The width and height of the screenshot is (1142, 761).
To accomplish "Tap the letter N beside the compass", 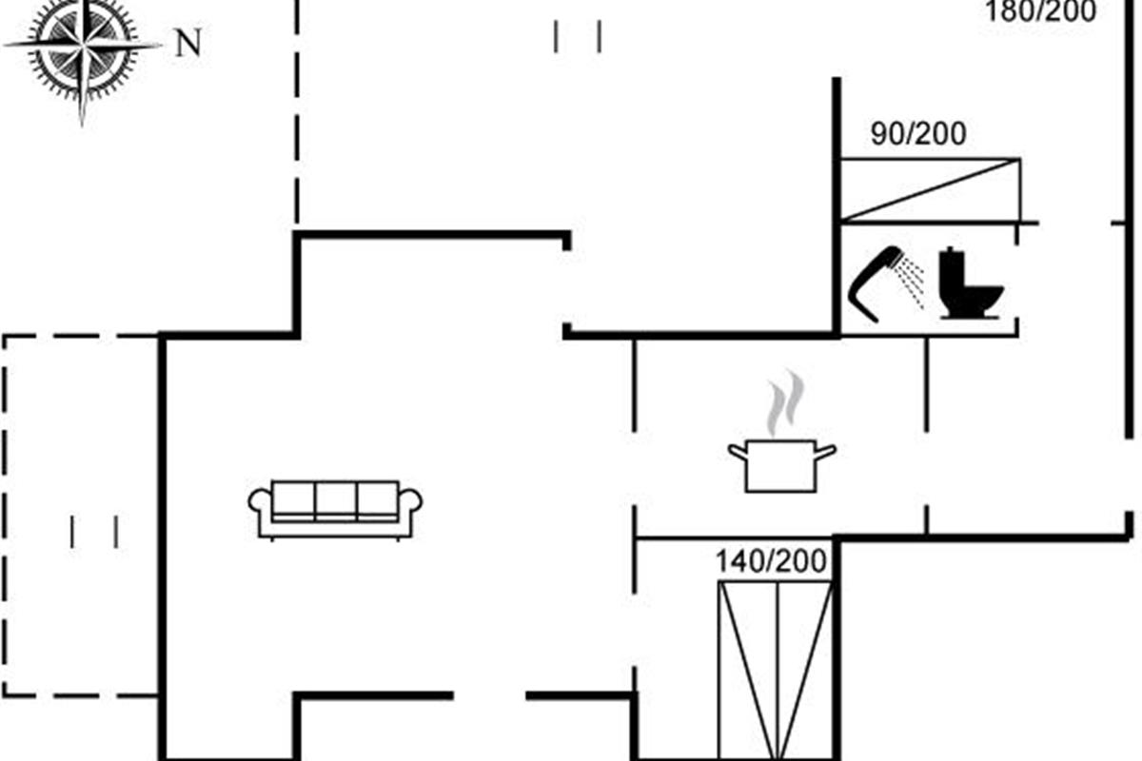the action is (188, 43).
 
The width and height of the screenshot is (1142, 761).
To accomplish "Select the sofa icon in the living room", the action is (335, 510).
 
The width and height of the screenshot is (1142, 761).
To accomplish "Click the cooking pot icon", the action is (781, 466).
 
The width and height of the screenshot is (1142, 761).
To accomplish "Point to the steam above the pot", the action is (786, 402).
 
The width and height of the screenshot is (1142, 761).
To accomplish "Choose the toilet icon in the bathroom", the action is (970, 283).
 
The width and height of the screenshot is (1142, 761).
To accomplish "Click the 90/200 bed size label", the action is (918, 134).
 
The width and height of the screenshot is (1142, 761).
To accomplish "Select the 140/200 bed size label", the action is (771, 561).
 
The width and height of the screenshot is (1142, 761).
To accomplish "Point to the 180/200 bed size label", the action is (1040, 11).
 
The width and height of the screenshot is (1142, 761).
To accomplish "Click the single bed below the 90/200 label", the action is (930, 190).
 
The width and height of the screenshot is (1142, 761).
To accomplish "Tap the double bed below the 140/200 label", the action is (775, 671).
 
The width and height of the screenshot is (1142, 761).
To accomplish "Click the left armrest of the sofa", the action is (260, 502).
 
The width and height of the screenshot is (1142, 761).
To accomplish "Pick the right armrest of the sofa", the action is (410, 502).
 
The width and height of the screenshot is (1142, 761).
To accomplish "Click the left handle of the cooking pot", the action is (738, 452).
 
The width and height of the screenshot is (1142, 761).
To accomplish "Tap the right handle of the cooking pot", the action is (826, 452).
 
